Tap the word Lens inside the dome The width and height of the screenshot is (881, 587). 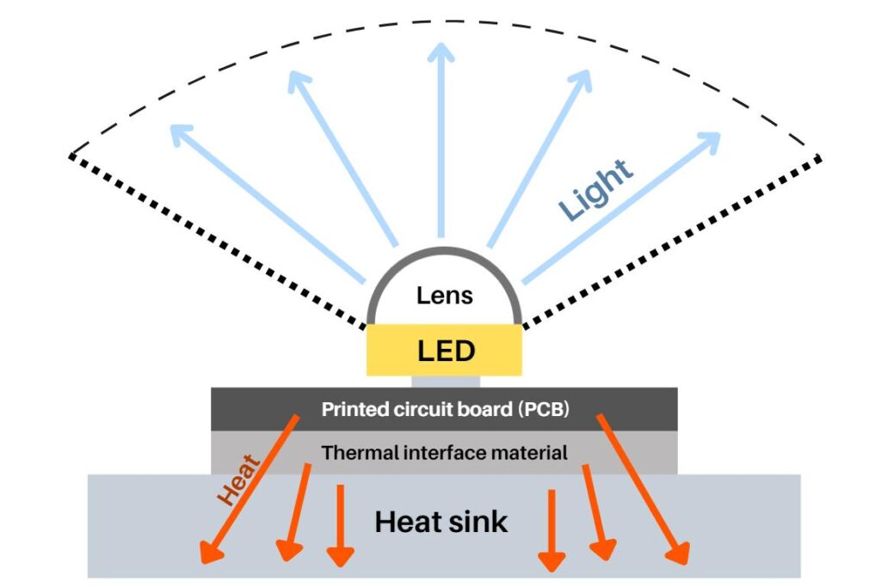pyautogui.click(x=444, y=296)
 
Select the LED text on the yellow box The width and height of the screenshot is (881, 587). pyautogui.click(x=446, y=351)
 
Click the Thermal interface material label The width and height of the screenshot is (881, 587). pyautogui.click(x=444, y=452)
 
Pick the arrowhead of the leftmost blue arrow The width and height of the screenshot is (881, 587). pyautogui.click(x=179, y=133)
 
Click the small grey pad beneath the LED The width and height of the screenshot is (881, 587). pyautogui.click(x=445, y=381)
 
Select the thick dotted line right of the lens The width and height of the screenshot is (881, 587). pyautogui.click(x=671, y=240)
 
